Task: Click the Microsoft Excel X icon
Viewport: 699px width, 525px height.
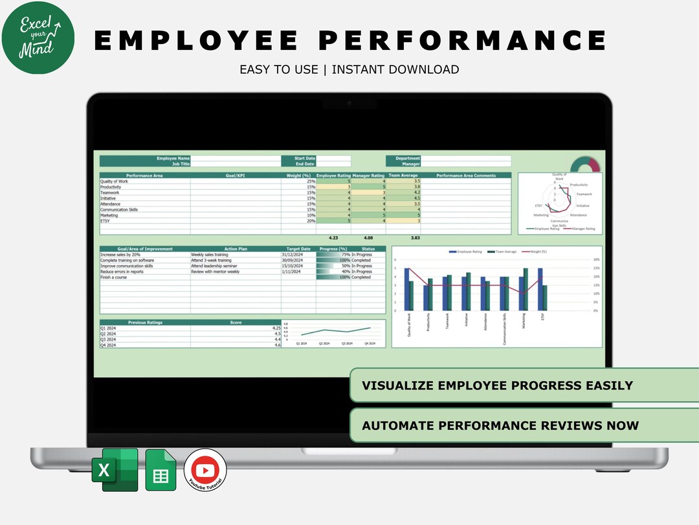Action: (115, 470)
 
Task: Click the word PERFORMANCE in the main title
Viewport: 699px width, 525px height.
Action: (463, 40)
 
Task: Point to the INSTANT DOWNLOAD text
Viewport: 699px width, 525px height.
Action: (395, 69)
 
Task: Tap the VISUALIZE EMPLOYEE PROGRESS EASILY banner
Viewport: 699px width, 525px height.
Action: (497, 386)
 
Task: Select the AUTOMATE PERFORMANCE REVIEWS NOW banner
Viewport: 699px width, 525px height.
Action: (500, 426)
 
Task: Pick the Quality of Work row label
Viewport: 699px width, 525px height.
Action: (114, 181)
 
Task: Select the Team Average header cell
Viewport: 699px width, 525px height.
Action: (403, 175)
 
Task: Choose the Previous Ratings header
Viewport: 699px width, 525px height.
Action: (145, 322)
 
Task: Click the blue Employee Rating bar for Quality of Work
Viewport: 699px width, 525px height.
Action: (406, 289)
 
